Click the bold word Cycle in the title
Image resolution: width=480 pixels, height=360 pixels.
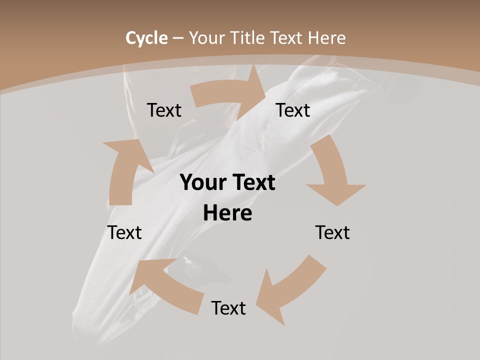146,38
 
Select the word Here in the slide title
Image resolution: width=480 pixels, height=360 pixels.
327,38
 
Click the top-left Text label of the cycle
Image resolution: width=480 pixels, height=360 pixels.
164,110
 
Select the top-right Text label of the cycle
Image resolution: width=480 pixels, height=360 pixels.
293,110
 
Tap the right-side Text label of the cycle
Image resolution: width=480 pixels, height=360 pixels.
332,232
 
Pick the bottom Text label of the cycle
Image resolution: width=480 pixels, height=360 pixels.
228,308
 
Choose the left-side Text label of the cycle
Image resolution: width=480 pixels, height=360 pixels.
125,232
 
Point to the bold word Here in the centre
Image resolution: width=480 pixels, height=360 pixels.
227,213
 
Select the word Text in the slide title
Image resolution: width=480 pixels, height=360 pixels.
287,38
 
